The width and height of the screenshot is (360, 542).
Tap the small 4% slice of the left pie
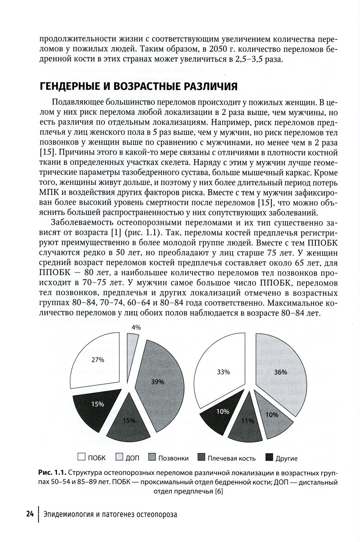click(x=132, y=345)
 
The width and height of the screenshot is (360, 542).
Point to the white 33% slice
click(x=223, y=372)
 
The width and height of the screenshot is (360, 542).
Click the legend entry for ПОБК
click(x=92, y=458)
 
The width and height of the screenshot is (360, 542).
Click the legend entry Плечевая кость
click(x=227, y=458)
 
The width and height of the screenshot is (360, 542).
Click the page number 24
click(x=30, y=514)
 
